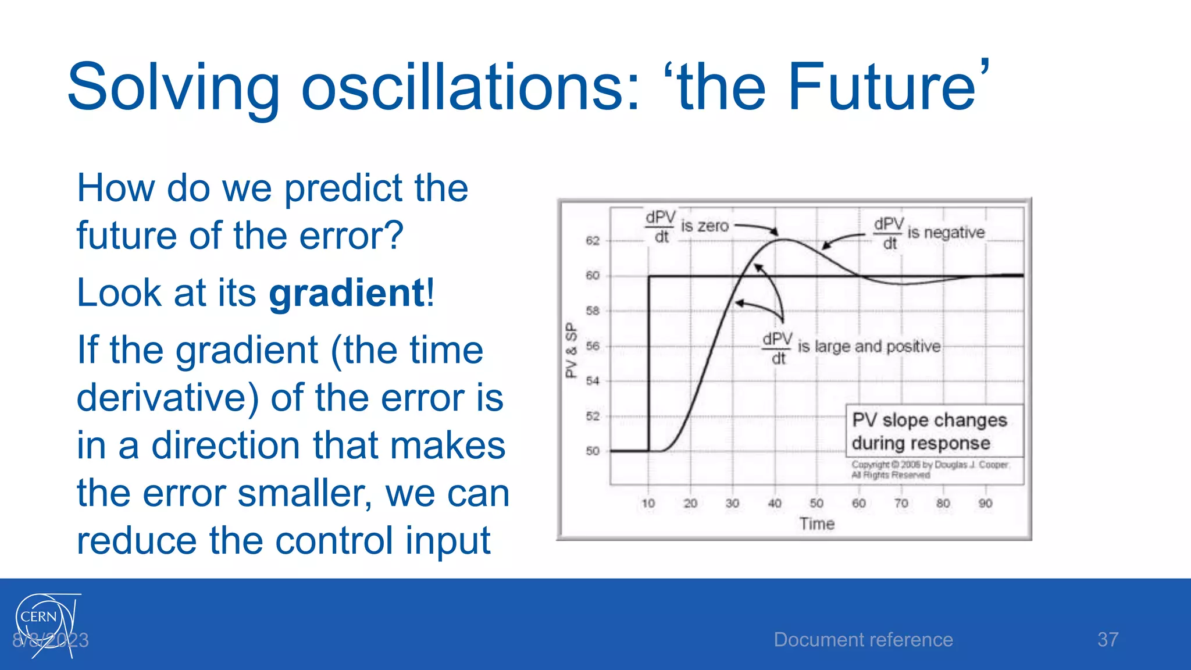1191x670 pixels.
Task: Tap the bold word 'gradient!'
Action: click(351, 293)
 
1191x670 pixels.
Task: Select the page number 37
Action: click(1107, 640)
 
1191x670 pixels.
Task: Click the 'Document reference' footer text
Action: click(863, 640)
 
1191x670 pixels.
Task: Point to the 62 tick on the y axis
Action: click(592, 241)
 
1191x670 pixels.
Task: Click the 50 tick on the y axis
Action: click(592, 451)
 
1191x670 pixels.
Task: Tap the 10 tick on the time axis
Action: click(648, 504)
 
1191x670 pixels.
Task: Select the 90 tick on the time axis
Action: click(985, 504)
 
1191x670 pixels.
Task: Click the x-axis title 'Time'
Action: click(816, 524)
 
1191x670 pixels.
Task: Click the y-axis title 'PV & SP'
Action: click(571, 350)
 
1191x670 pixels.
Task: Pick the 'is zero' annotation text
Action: click(704, 226)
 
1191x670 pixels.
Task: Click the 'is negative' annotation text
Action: click(946, 233)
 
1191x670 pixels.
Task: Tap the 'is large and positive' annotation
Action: click(869, 347)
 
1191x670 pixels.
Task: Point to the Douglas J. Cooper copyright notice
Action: click(929, 469)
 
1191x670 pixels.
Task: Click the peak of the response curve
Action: click(784, 240)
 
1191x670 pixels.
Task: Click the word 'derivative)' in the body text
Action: click(168, 398)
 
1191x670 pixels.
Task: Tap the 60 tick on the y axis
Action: click(592, 276)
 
